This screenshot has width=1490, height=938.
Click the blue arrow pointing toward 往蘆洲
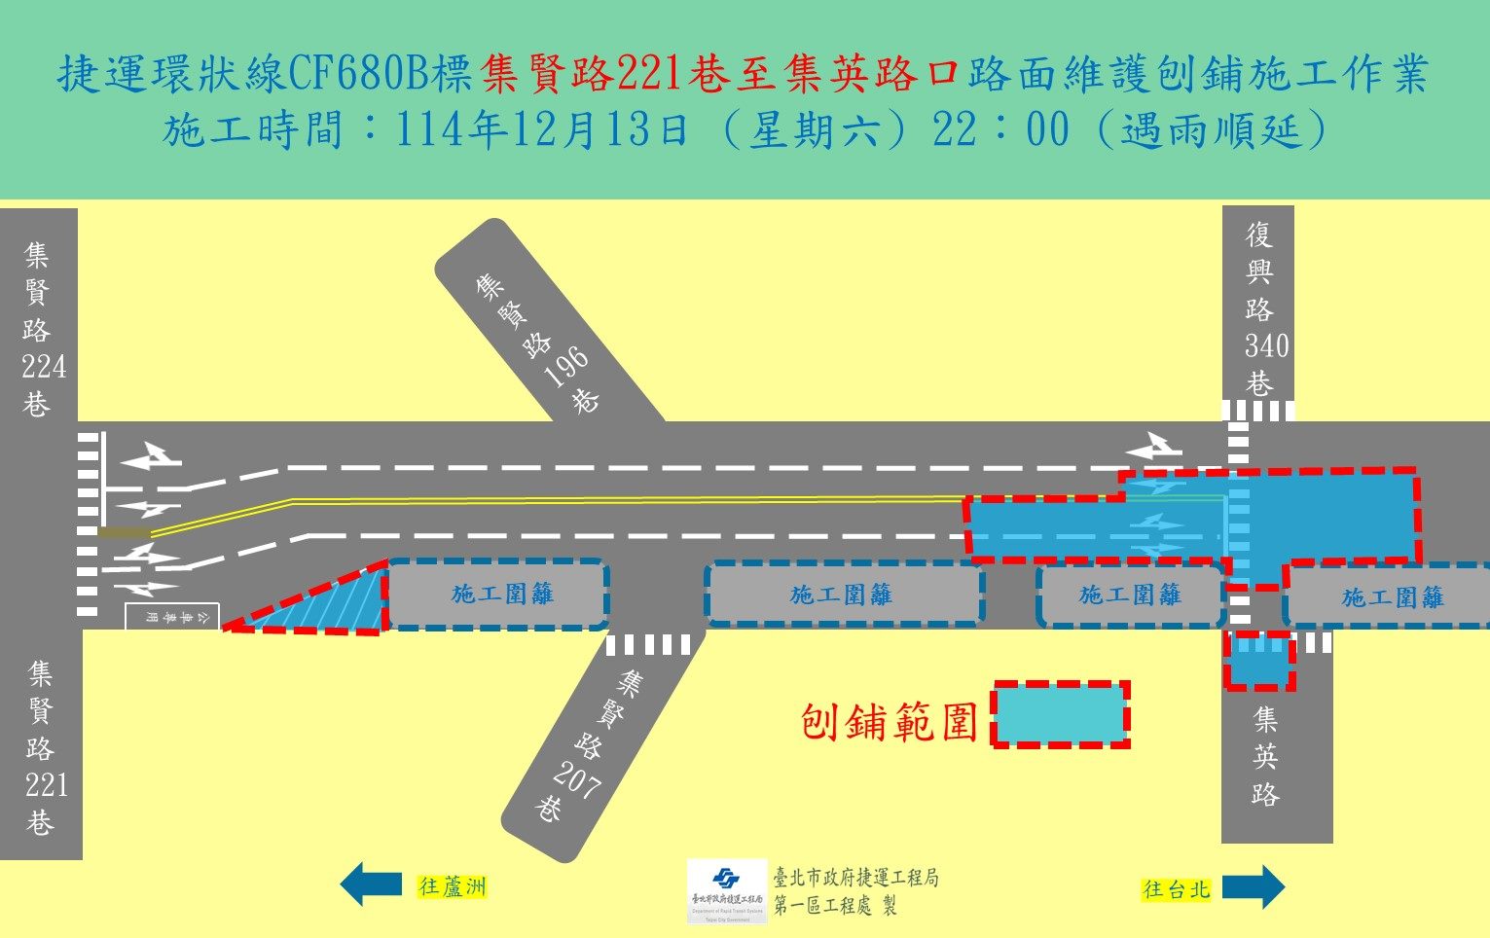[x=370, y=884]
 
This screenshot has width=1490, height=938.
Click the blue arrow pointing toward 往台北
[x=1254, y=887]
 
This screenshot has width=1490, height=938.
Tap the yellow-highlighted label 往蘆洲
[x=452, y=886]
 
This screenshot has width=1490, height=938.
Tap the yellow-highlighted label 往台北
[x=1176, y=888]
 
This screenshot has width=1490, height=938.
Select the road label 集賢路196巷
[x=536, y=340]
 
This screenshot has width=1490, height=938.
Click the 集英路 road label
[x=1265, y=756]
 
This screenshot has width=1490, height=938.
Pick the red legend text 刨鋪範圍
[x=889, y=721]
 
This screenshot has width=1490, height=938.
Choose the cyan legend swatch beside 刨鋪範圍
[x=1061, y=714]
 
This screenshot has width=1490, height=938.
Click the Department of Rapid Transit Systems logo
[x=726, y=889]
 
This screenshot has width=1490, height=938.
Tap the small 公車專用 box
[x=172, y=616]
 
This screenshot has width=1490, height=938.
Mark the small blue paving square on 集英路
[x=1259, y=662]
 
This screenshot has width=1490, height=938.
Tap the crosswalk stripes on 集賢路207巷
[x=647, y=644]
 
